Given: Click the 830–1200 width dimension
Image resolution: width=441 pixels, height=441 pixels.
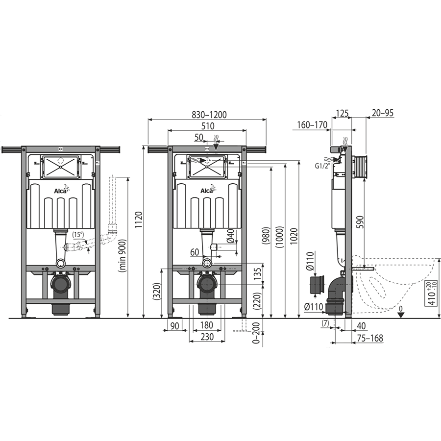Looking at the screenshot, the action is (x=209, y=115).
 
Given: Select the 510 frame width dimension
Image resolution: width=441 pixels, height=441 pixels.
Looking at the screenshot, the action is (x=208, y=126).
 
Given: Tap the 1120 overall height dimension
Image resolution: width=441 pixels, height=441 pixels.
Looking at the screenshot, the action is (x=139, y=220).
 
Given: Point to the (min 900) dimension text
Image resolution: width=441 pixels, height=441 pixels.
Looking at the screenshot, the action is (x=122, y=255).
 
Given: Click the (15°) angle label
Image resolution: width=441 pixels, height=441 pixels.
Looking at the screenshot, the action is (x=78, y=234).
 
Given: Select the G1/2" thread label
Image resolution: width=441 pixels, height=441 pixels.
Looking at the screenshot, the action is (x=322, y=166).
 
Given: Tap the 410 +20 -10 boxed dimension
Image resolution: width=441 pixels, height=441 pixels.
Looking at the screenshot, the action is (x=431, y=293).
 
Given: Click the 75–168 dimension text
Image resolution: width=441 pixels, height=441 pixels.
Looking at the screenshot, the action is (x=370, y=338).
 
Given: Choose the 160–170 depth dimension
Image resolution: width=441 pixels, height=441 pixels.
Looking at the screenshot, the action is (x=312, y=124).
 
